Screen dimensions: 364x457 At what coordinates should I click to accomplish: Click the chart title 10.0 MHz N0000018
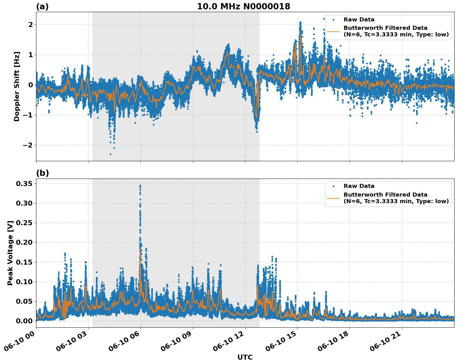[243, 7]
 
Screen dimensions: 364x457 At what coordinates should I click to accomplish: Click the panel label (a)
[42, 7]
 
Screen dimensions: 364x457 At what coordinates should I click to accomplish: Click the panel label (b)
[42, 173]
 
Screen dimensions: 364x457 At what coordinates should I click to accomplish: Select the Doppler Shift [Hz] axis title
[17, 86]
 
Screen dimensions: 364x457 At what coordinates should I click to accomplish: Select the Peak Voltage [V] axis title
[10, 253]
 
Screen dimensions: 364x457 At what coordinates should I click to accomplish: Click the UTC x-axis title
[245, 357]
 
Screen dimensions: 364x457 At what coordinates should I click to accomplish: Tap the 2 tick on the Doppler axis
[30, 25]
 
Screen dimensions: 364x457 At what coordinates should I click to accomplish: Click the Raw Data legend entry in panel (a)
[359, 20]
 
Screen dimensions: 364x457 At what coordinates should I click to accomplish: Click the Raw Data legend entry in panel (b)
[359, 186]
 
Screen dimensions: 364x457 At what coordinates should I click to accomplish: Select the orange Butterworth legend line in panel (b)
[333, 198]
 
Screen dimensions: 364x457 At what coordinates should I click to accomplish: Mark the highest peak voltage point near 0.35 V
[140, 185]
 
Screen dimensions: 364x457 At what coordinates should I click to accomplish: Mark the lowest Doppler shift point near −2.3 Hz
[110, 154]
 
